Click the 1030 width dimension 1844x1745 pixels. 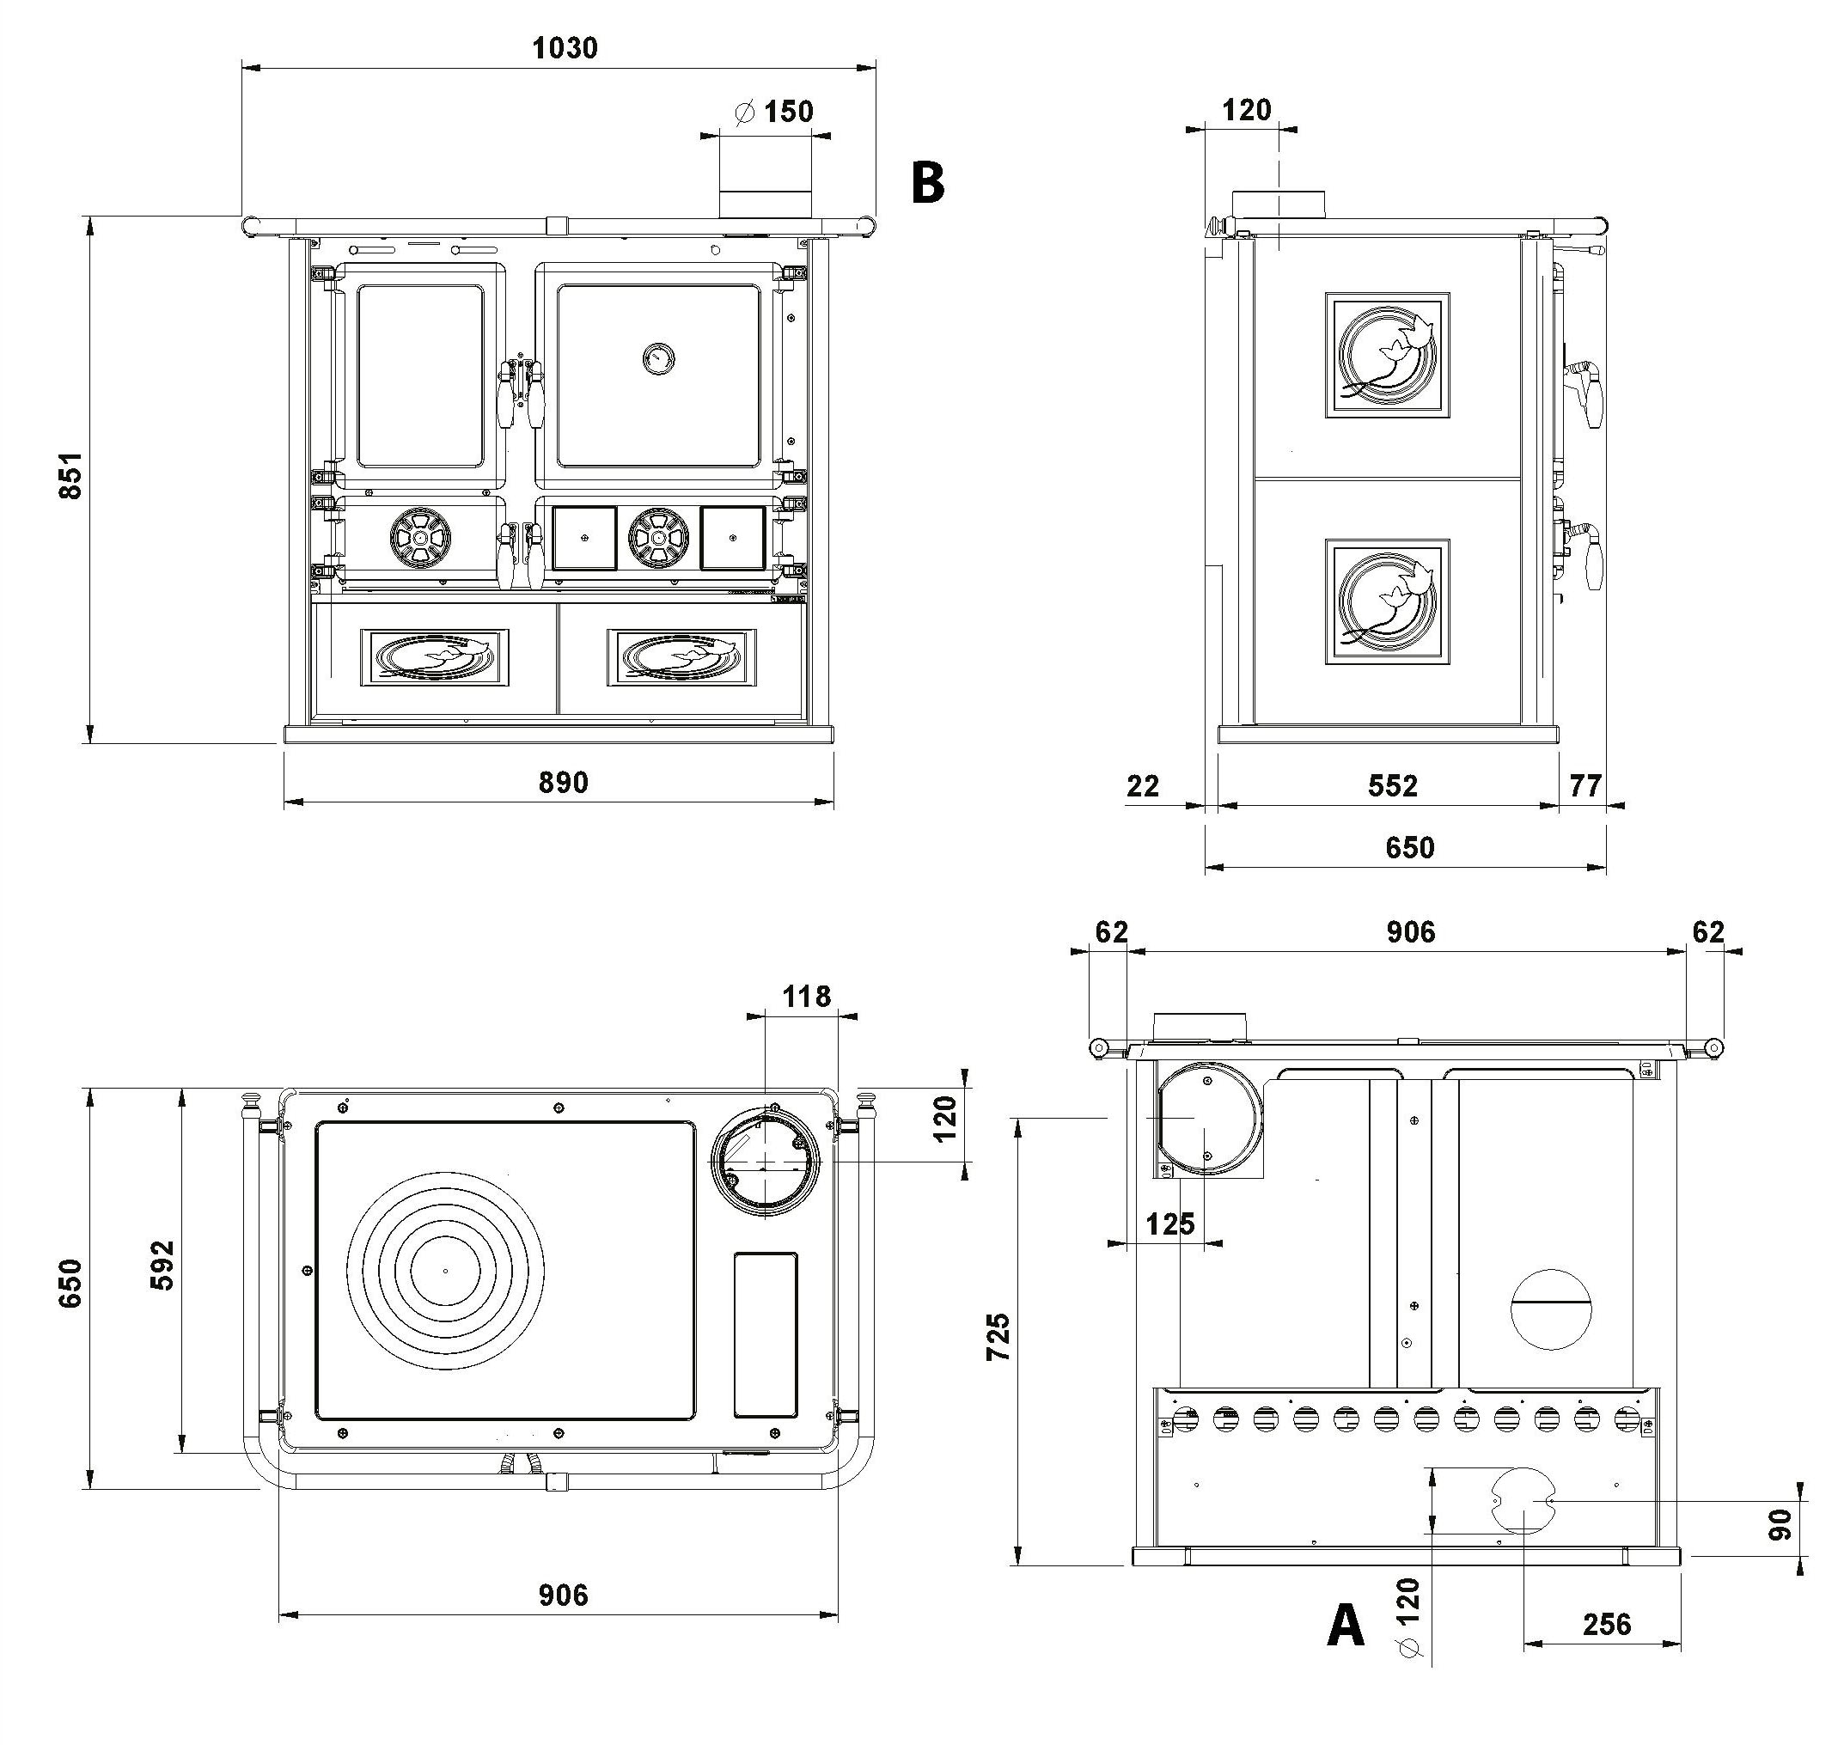pos(564,48)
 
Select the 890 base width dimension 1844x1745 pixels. pos(563,782)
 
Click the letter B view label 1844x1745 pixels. pos(927,184)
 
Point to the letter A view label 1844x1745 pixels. pos(1346,1627)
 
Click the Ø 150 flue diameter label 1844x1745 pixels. pos(774,113)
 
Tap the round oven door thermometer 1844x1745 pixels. pos(659,357)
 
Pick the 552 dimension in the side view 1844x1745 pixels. pos(1392,786)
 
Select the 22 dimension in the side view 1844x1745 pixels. pos(1143,786)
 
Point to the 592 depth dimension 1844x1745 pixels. pos(162,1265)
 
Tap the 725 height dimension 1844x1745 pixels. pos(998,1337)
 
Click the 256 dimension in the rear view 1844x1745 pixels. pos(1606,1624)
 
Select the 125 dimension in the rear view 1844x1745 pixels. pos(1169,1223)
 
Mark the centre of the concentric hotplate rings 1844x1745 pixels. pos(446,1271)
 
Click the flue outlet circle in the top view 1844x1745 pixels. pos(766,1162)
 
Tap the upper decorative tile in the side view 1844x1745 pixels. pos(1387,354)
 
